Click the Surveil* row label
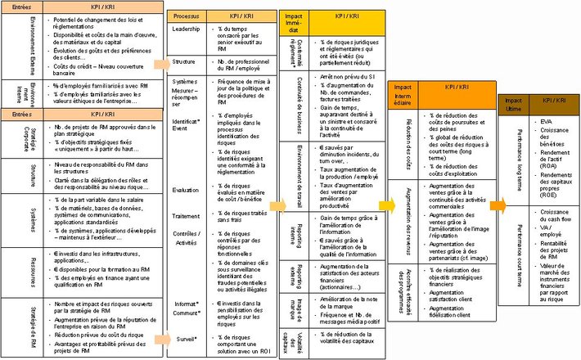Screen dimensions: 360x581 [187, 338]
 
